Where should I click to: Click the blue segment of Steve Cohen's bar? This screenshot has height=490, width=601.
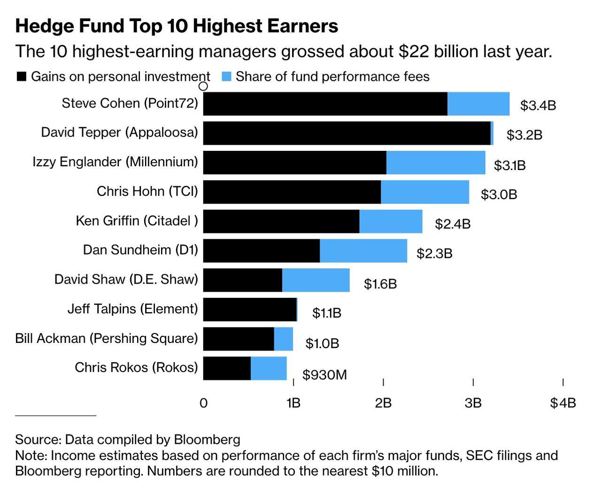[x=478, y=104]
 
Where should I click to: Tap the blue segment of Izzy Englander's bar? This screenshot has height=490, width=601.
[x=435, y=163]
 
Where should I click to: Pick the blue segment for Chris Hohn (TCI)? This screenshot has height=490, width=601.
[x=424, y=192]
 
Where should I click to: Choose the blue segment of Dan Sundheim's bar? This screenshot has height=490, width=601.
[x=363, y=251]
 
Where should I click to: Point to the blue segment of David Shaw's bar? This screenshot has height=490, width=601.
[x=316, y=280]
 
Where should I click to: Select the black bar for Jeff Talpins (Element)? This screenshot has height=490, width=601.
[x=250, y=310]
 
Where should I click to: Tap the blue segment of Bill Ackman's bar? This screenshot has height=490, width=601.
[x=283, y=339]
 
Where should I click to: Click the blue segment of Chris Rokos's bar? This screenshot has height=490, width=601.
[x=268, y=368]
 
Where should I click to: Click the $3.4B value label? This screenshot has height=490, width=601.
[x=538, y=105]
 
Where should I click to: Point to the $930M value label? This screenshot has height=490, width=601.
[x=324, y=375]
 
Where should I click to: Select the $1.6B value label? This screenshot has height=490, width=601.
[x=380, y=284]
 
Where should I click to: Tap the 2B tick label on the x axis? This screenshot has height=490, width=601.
[x=383, y=403]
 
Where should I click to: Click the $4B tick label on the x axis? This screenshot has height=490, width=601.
[x=562, y=403]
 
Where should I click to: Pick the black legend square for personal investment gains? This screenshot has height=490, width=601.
[x=21, y=77]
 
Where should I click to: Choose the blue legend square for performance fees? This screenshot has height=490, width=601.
[x=226, y=77]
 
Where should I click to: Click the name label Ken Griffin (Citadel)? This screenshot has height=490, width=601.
[x=137, y=221]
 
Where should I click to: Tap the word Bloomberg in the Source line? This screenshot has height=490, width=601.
[x=207, y=439]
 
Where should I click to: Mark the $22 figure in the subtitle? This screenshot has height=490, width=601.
[x=414, y=51]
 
